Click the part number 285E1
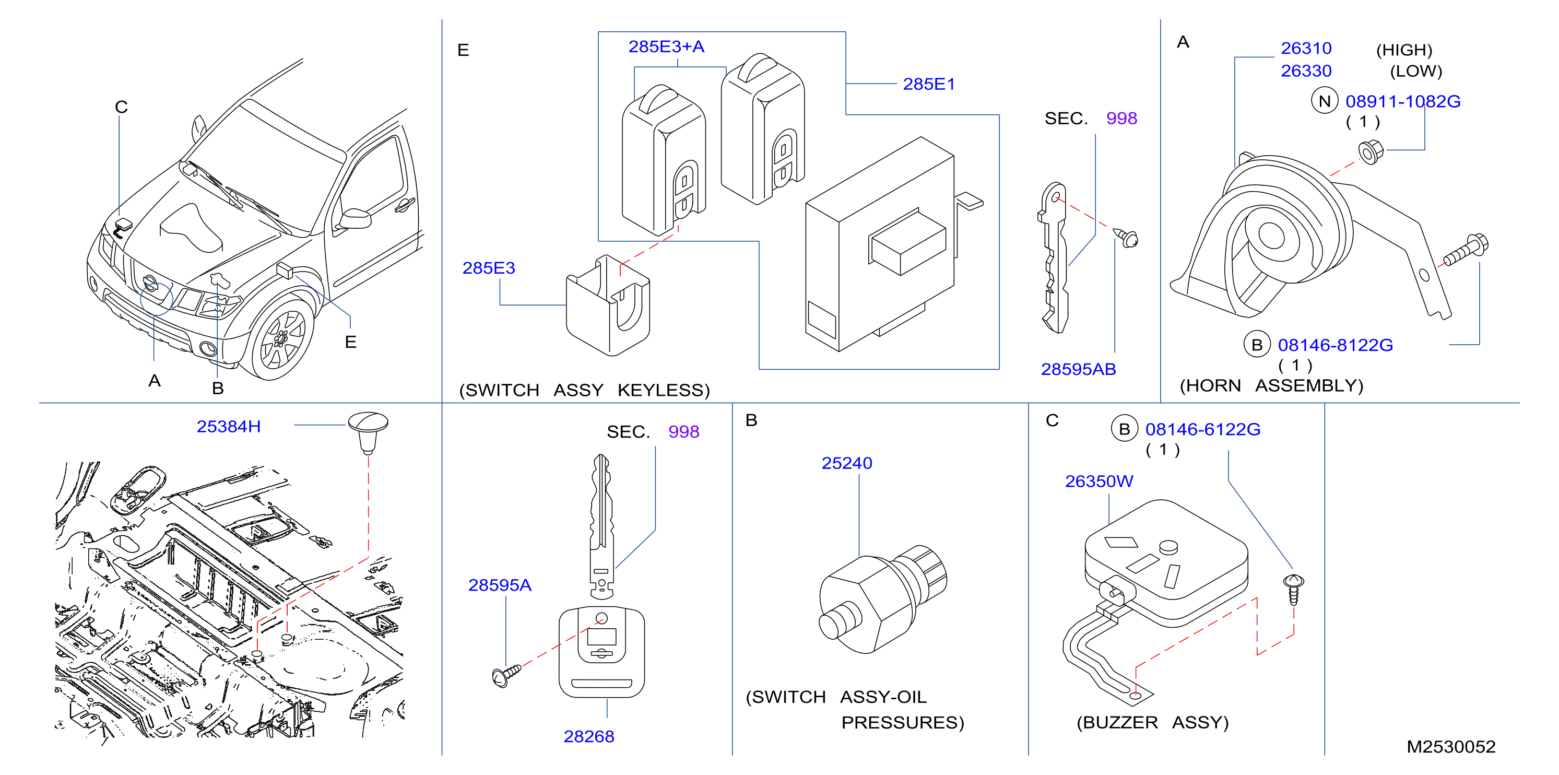click(928, 84)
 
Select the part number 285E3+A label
click(666, 46)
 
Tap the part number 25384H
click(229, 426)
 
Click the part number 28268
click(588, 736)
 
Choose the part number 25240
click(846, 463)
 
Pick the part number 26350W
click(1099, 482)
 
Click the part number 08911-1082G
click(1402, 101)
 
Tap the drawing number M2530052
click(1451, 747)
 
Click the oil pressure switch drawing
click(882, 599)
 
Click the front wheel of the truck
click(282, 338)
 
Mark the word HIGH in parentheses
click(1404, 50)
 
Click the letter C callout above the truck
click(121, 107)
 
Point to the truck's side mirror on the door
click(353, 218)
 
